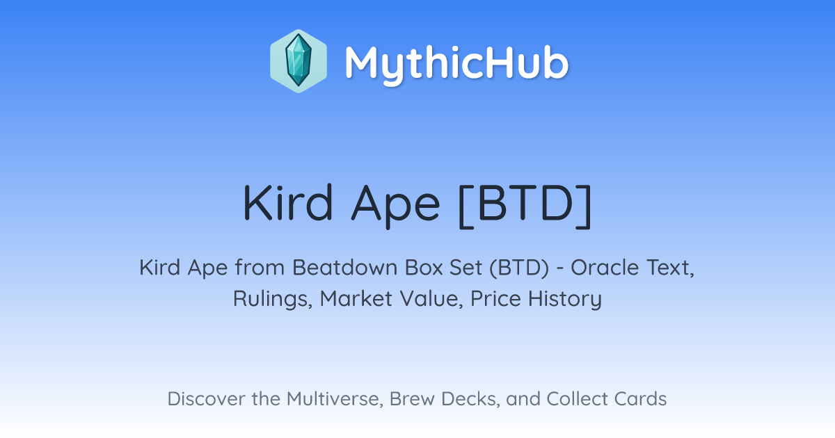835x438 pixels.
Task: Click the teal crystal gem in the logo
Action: pos(299,60)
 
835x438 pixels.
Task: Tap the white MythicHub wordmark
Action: pos(456,64)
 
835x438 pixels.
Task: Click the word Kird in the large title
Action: pos(287,203)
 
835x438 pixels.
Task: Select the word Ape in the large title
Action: pos(395,206)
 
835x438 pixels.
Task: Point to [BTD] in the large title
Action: pos(525,206)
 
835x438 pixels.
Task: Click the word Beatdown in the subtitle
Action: pos(345,268)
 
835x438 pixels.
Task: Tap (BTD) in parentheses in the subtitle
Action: pos(519,268)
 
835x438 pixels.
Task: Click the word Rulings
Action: pos(273,299)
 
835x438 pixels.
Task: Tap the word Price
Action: pos(495,299)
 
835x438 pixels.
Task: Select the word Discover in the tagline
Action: pos(206,399)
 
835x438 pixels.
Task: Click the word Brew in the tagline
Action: pos(412,399)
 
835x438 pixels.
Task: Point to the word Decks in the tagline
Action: pos(470,399)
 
